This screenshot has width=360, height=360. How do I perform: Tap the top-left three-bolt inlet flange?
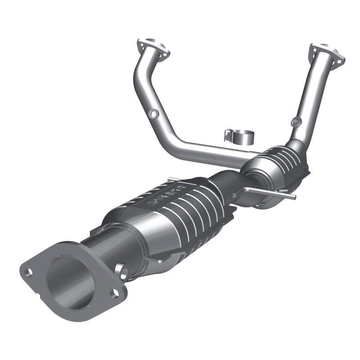[153, 49]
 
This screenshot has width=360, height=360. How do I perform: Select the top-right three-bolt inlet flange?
[326, 53]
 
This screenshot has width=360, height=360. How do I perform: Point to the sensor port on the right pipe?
[295, 121]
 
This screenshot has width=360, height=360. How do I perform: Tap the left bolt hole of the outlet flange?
[29, 272]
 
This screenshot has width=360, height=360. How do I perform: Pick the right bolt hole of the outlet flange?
[115, 293]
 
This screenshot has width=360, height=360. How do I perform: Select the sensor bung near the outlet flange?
[121, 270]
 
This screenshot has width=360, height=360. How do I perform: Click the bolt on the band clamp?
[229, 134]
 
